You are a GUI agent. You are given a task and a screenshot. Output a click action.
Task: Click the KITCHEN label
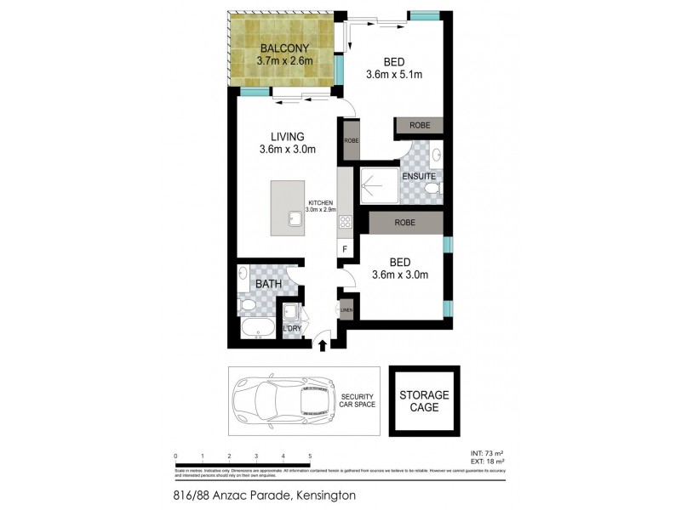[x=322, y=203]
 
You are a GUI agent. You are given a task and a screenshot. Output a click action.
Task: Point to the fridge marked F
[x=345, y=248]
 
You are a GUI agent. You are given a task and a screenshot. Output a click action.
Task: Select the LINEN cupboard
[x=346, y=309]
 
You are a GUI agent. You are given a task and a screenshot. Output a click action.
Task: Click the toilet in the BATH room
[x=247, y=303]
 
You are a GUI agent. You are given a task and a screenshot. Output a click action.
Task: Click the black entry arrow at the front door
[x=323, y=343]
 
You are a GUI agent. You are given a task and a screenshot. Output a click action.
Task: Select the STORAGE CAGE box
[x=423, y=400]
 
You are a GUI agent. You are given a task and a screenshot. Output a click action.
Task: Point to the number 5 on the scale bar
[x=310, y=456]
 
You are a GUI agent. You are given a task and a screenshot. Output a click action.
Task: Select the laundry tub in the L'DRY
[x=292, y=313]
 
